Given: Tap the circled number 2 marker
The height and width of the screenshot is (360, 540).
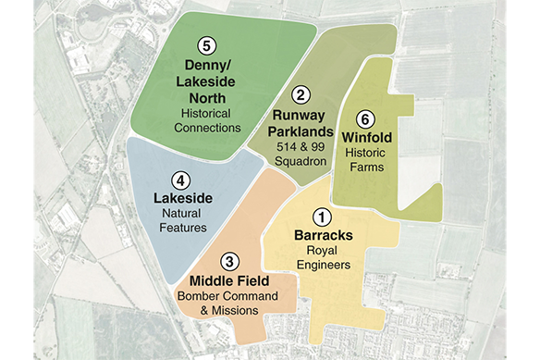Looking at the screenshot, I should [301, 95].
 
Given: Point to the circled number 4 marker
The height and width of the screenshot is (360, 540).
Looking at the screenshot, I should [181, 180].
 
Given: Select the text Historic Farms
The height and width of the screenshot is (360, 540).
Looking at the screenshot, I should [367, 162].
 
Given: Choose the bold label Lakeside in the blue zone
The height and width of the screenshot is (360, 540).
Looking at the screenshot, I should [181, 198].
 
